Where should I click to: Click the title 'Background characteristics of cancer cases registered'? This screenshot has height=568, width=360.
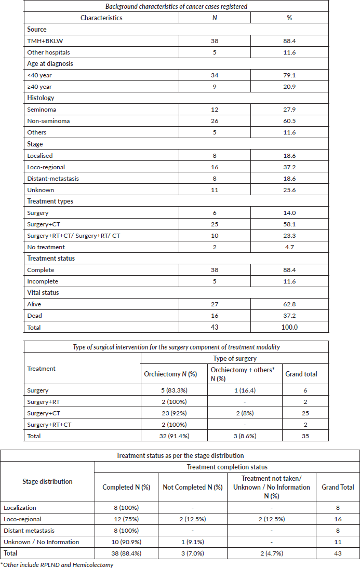[x=177, y=6]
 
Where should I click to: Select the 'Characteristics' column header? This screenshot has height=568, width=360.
[x=101, y=18]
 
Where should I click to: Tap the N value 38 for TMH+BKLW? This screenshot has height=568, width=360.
[x=214, y=40]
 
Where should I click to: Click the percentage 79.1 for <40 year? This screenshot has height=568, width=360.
[x=289, y=75]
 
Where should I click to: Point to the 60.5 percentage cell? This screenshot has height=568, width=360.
[x=289, y=120]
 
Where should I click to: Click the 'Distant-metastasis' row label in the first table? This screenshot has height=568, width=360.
[x=54, y=178]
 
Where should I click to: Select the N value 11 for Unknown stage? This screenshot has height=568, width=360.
[x=214, y=190]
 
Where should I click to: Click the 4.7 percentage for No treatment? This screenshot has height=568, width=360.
[x=289, y=247]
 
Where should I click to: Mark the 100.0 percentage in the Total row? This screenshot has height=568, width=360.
[x=289, y=327]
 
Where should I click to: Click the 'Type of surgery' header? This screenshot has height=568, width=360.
[x=235, y=358]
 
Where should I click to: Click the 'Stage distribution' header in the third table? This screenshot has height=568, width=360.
[x=47, y=482]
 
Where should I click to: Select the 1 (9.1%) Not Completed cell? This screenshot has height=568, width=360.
[x=193, y=542]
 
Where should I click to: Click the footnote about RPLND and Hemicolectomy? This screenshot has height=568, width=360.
[x=57, y=564]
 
